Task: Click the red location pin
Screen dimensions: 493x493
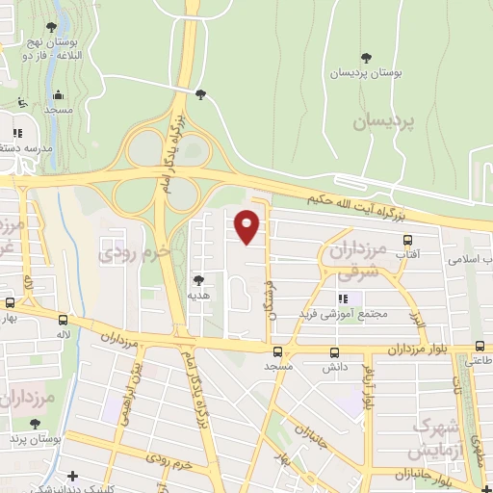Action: (x=247, y=225)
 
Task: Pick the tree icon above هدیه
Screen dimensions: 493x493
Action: (x=198, y=280)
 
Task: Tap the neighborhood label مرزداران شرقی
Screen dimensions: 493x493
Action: (x=357, y=260)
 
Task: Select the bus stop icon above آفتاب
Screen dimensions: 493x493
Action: (x=407, y=242)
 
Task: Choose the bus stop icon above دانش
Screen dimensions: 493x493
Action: (x=335, y=352)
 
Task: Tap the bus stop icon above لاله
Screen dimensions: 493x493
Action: (x=64, y=319)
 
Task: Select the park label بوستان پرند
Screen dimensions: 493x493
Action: (x=30, y=439)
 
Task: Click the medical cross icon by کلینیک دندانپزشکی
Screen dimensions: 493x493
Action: (x=73, y=476)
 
